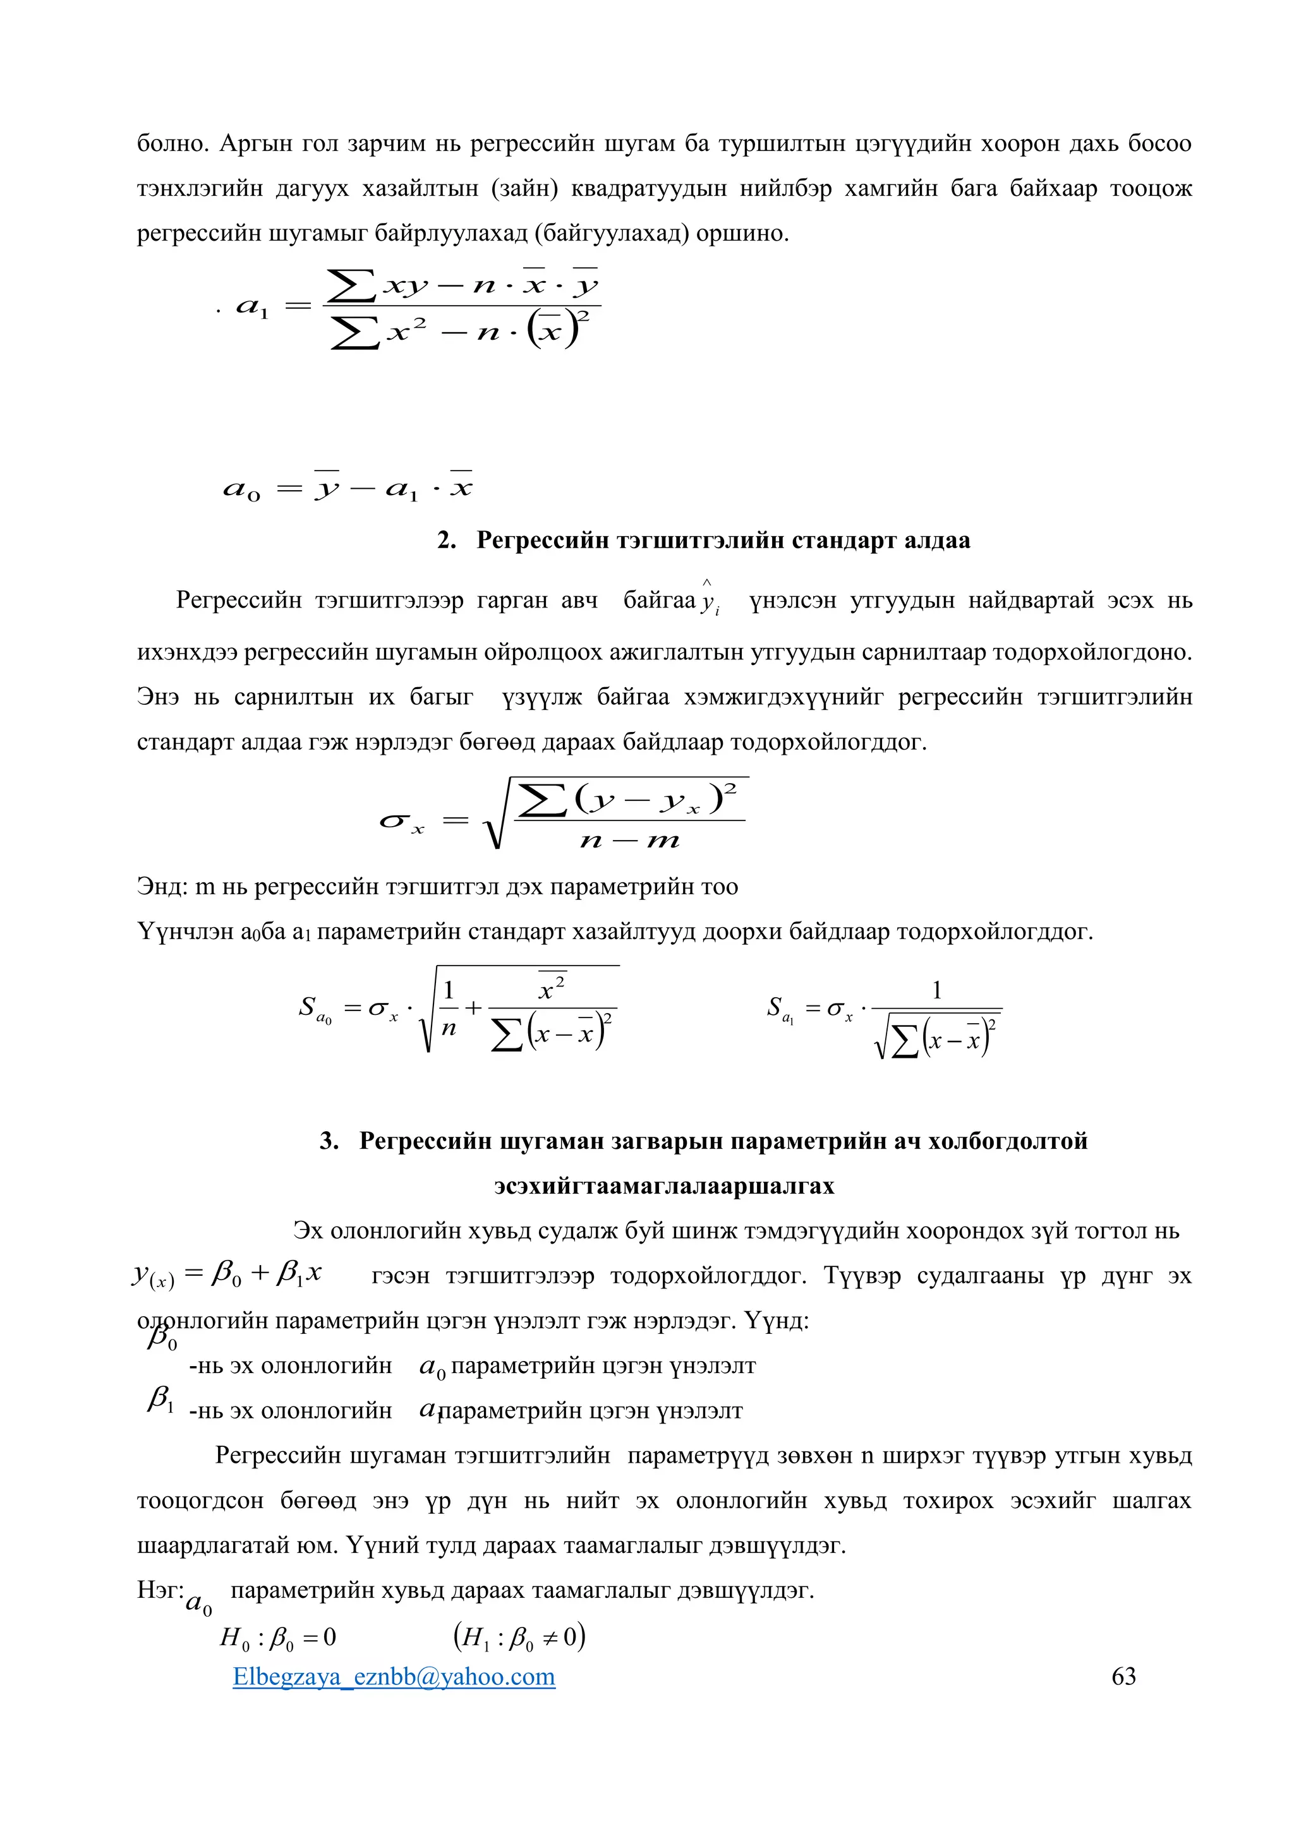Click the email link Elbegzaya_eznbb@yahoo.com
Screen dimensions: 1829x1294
(x=394, y=1676)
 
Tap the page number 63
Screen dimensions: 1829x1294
(x=1123, y=1676)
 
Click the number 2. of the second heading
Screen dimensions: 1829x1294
(x=446, y=540)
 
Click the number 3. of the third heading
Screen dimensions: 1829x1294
(x=329, y=1141)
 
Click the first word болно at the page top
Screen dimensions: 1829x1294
(x=173, y=143)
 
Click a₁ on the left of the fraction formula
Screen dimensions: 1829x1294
(x=253, y=307)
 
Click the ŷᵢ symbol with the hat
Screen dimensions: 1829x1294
(x=708, y=600)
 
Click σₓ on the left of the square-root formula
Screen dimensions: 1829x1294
(x=402, y=821)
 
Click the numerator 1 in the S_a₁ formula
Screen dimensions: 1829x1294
(x=937, y=990)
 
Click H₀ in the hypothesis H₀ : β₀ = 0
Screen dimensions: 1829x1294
(x=234, y=1638)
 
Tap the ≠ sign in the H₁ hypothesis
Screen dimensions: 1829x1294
(x=552, y=1637)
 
